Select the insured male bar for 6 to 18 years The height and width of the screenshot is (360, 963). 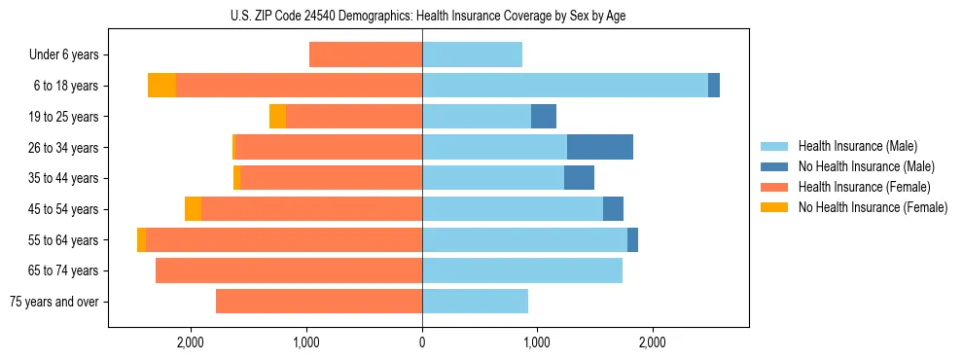[x=565, y=86]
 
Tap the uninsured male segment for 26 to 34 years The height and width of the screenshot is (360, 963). [x=600, y=147]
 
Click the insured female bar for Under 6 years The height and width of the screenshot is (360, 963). [x=366, y=54]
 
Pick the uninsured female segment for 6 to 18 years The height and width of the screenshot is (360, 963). [x=161, y=86]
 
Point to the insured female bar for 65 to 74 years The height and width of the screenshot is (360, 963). [x=289, y=270]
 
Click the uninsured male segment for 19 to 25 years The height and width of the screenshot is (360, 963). [x=544, y=117]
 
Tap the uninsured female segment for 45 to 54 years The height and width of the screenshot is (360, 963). [x=193, y=209]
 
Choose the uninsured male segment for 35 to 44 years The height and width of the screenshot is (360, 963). [x=579, y=178]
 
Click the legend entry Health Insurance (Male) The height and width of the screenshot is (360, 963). [x=857, y=146]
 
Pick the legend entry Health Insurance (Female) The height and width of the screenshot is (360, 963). [x=864, y=187]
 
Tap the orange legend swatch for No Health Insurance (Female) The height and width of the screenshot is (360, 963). [x=774, y=207]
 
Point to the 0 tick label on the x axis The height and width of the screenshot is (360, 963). [x=422, y=342]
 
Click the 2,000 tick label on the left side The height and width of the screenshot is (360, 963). [x=191, y=342]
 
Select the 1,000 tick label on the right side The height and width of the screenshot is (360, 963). [x=537, y=342]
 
